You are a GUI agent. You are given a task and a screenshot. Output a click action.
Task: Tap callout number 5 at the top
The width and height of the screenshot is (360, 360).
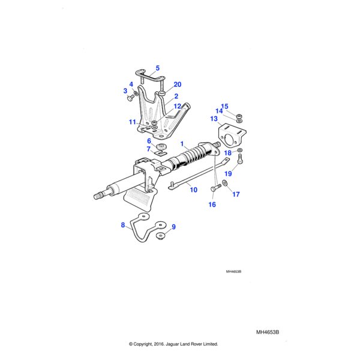(x=158, y=68)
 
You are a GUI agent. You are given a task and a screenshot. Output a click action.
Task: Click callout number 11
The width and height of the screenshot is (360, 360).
(x=132, y=122)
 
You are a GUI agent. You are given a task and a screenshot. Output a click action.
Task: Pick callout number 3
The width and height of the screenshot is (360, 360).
(x=126, y=91)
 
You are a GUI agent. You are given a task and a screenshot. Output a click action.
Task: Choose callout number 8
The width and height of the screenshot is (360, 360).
(x=123, y=225)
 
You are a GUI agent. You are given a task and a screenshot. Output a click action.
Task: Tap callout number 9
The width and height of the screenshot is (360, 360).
(x=173, y=227)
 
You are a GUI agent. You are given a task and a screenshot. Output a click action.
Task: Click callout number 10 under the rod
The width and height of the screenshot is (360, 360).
(x=193, y=190)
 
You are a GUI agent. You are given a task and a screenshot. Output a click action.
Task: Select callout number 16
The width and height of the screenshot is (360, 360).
(x=211, y=205)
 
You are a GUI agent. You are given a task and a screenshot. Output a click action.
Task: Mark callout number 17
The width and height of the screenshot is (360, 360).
(x=236, y=194)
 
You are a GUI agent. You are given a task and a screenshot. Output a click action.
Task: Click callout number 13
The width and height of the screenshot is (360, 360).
(x=214, y=119)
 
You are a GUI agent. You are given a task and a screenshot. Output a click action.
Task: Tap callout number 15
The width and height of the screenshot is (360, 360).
(x=225, y=106)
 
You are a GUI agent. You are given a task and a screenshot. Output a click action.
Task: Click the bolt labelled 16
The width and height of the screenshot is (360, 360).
(x=215, y=188)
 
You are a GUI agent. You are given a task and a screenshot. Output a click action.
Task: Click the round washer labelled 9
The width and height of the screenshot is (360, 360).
(x=161, y=236)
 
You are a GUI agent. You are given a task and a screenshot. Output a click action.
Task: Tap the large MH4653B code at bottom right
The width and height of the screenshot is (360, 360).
(x=268, y=332)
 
